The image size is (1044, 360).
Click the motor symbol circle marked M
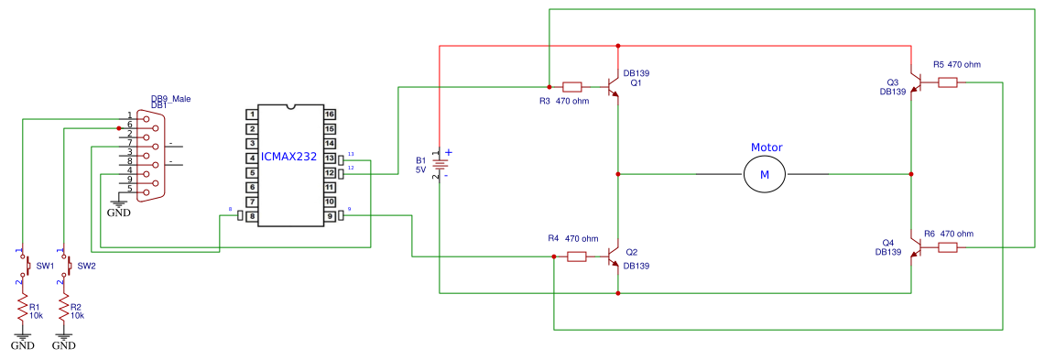765,174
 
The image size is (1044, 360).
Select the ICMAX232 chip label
288,157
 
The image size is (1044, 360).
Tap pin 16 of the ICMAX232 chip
330,115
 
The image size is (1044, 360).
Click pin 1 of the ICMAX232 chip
251,115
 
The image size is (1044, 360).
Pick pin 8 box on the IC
251,216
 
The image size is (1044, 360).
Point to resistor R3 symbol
572,87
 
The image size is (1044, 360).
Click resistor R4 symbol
577,256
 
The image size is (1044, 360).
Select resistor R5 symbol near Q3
948,82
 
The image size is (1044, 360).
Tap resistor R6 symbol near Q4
948,247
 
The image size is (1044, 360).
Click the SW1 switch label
45,266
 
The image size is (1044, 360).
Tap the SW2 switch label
86,266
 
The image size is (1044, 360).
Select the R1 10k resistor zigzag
23,311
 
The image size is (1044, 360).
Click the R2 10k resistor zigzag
63,311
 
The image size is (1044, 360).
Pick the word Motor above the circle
767,147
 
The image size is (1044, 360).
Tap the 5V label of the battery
421,169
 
